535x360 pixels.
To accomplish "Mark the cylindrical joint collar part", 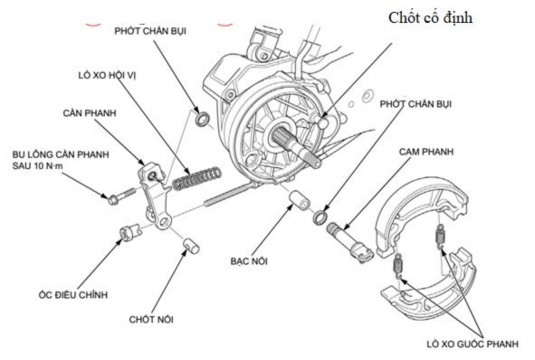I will (x=296, y=203).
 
